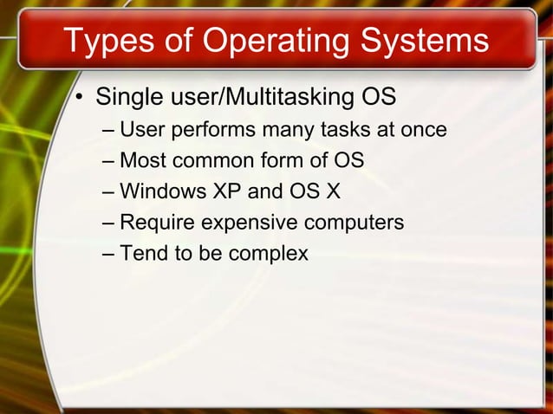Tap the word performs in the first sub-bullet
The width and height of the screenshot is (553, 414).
[212, 131]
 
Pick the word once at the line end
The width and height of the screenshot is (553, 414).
[425, 131]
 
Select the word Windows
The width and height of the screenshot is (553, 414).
[158, 192]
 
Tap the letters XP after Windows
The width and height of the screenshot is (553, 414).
[216, 192]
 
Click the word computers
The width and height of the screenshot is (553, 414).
[355, 223]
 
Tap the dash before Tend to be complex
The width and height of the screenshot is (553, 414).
[107, 254]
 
